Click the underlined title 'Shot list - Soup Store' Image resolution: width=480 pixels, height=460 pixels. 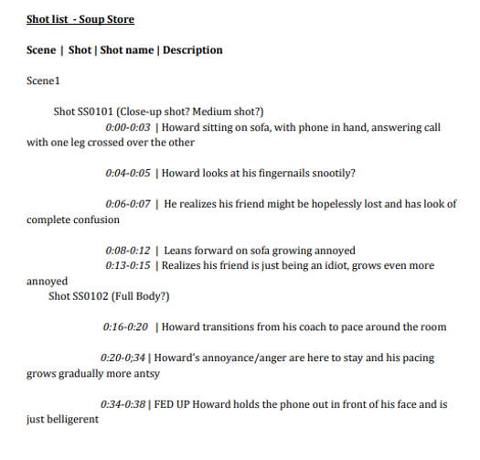pyautogui.click(x=80, y=19)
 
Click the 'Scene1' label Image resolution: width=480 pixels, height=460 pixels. pyautogui.click(x=45, y=80)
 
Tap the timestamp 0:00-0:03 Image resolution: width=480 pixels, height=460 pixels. pyautogui.click(x=128, y=128)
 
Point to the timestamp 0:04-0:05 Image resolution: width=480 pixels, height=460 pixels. pyautogui.click(x=128, y=173)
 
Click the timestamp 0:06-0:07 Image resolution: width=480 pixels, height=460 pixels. pyautogui.click(x=128, y=204)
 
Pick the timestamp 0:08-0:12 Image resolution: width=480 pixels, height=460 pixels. pyautogui.click(x=128, y=251)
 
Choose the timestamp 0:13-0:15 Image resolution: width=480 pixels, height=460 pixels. pyautogui.click(x=128, y=265)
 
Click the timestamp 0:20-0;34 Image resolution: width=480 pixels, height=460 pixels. pyautogui.click(x=125, y=358)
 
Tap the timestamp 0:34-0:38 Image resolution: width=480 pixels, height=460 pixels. pyautogui.click(x=124, y=404)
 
